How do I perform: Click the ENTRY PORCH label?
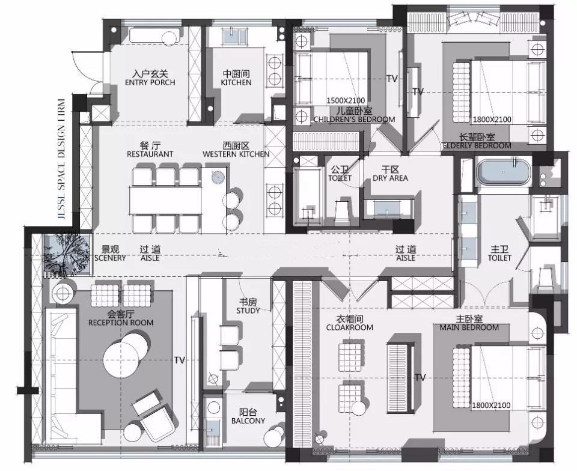tap(150, 82)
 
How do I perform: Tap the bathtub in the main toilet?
tap(504, 172)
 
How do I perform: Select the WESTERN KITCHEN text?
tap(236, 154)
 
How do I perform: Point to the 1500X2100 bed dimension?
tap(346, 100)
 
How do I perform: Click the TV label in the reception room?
tap(180, 360)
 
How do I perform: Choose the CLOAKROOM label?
tap(350, 327)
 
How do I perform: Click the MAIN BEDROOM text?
tap(469, 327)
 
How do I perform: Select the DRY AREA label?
tap(391, 178)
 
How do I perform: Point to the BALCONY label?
tap(248, 421)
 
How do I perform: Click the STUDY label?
tap(248, 311)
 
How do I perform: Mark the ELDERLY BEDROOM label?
tap(477, 145)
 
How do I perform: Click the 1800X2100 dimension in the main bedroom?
tap(491, 406)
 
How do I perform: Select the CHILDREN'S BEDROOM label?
tap(355, 120)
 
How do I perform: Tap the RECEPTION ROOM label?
tap(121, 323)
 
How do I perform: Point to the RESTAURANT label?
tap(150, 154)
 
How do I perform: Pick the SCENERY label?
tap(110, 258)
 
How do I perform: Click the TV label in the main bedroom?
tap(420, 377)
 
